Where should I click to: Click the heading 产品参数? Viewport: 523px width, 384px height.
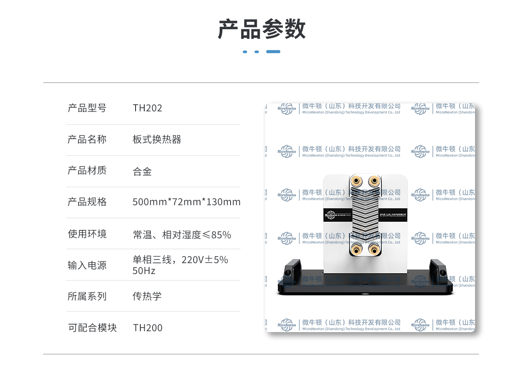[x=261, y=29]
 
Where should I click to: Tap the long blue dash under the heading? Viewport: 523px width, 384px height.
[x=273, y=51]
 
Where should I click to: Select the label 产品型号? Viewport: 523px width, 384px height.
[x=87, y=108]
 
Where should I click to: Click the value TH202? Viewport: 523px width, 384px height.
[x=147, y=108]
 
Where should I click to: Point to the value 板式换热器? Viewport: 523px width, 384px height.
[x=157, y=140]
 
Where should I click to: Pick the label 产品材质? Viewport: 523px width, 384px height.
[x=87, y=171]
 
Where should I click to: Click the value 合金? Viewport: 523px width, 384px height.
[x=142, y=171]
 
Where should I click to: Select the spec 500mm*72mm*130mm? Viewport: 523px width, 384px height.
[x=187, y=202]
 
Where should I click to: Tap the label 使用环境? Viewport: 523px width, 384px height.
[x=87, y=234]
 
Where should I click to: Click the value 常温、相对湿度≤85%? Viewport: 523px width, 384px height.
[x=182, y=235]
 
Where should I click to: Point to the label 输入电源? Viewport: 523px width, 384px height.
[x=87, y=265]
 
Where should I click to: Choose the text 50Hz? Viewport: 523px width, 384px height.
[x=144, y=271]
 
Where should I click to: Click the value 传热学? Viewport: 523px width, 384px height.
[x=147, y=296]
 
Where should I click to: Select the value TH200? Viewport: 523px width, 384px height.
[x=148, y=328]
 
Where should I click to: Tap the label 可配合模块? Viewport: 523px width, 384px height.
[x=92, y=328]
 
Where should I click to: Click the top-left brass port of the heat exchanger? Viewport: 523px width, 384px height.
[x=357, y=181]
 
